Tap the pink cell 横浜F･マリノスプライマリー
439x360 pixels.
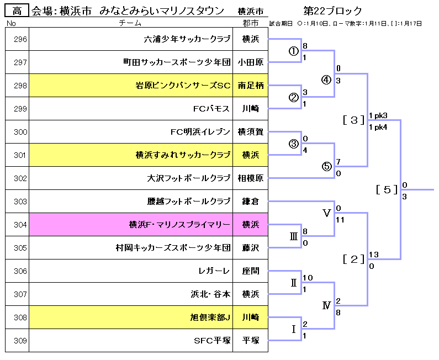[x=179, y=225]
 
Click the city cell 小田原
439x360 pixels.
[x=250, y=62]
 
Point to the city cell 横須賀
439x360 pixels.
[x=250, y=132]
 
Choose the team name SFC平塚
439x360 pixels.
[x=212, y=341]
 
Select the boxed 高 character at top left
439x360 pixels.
[x=17, y=10]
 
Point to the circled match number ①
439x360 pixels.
[x=293, y=51]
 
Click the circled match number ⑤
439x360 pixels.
[x=326, y=167]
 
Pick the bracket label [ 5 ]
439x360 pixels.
[x=387, y=189]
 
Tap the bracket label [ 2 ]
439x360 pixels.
[x=353, y=258]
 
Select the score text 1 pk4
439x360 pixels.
[x=378, y=127]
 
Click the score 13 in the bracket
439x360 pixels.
[x=373, y=255]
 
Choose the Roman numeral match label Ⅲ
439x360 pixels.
[x=293, y=236]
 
